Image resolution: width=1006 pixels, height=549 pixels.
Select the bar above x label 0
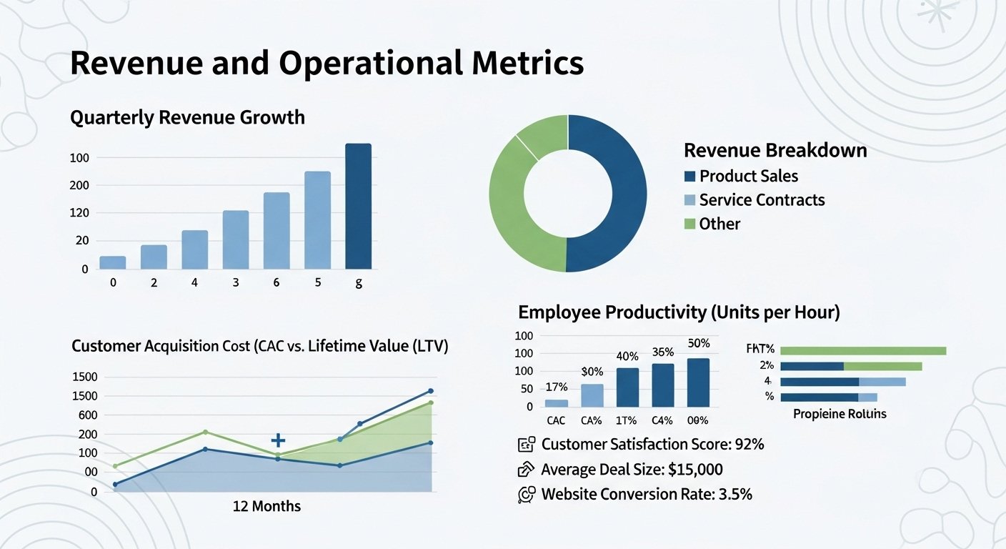click(113, 262)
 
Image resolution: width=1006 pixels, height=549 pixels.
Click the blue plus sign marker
click(278, 440)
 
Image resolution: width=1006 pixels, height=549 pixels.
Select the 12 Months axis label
click(267, 506)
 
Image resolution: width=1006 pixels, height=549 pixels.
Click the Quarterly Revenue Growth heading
click(187, 117)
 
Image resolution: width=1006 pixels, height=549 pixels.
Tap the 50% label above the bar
click(698, 343)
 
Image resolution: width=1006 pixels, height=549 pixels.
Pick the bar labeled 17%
click(556, 403)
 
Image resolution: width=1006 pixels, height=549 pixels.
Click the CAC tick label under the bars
click(556, 421)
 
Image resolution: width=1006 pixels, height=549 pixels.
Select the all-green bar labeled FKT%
click(862, 350)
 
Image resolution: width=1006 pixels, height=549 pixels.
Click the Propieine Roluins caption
click(840, 414)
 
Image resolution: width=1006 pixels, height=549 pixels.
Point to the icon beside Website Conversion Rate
click(526, 494)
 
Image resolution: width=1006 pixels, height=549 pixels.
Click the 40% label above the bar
click(627, 356)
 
